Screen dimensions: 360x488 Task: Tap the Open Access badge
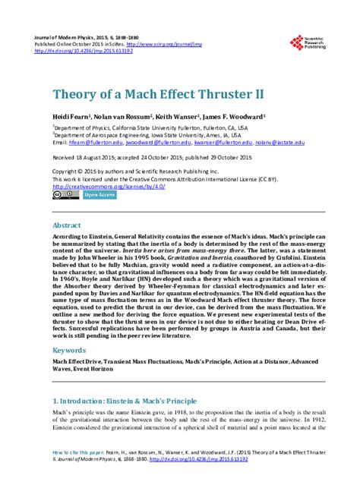[99, 195]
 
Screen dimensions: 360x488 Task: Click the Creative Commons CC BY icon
[66, 195]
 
